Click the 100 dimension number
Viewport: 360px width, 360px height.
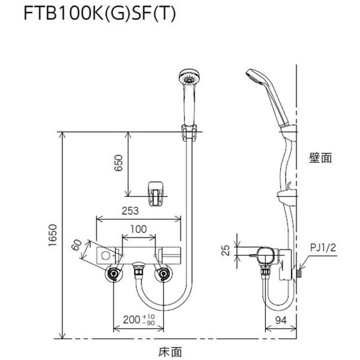138,229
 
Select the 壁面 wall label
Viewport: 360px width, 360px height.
320,157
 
